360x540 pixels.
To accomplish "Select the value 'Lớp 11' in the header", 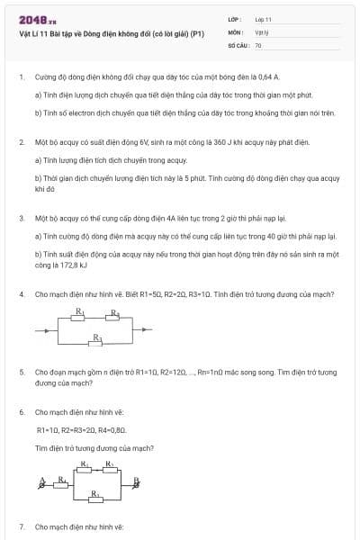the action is (264, 19).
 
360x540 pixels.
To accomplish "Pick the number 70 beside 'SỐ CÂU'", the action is (258, 44).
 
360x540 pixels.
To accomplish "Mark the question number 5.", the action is (21, 372).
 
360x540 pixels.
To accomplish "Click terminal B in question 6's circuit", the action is (137, 482).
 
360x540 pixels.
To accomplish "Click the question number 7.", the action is (21, 526).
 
